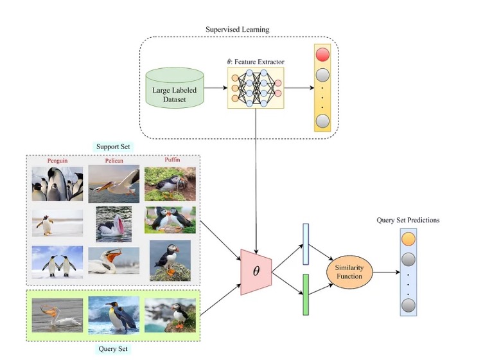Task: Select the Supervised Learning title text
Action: click(237, 30)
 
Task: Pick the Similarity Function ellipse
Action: click(349, 271)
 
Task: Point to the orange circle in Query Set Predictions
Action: click(408, 240)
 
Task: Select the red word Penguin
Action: click(57, 160)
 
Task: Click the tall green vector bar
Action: click(306, 294)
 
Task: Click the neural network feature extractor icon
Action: click(254, 87)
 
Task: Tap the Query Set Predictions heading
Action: click(407, 220)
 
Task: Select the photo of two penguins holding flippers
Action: click(57, 262)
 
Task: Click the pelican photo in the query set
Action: click(57, 315)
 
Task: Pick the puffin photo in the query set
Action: click(170, 315)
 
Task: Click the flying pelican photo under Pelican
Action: click(114, 183)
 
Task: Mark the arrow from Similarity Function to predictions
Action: click(384, 271)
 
